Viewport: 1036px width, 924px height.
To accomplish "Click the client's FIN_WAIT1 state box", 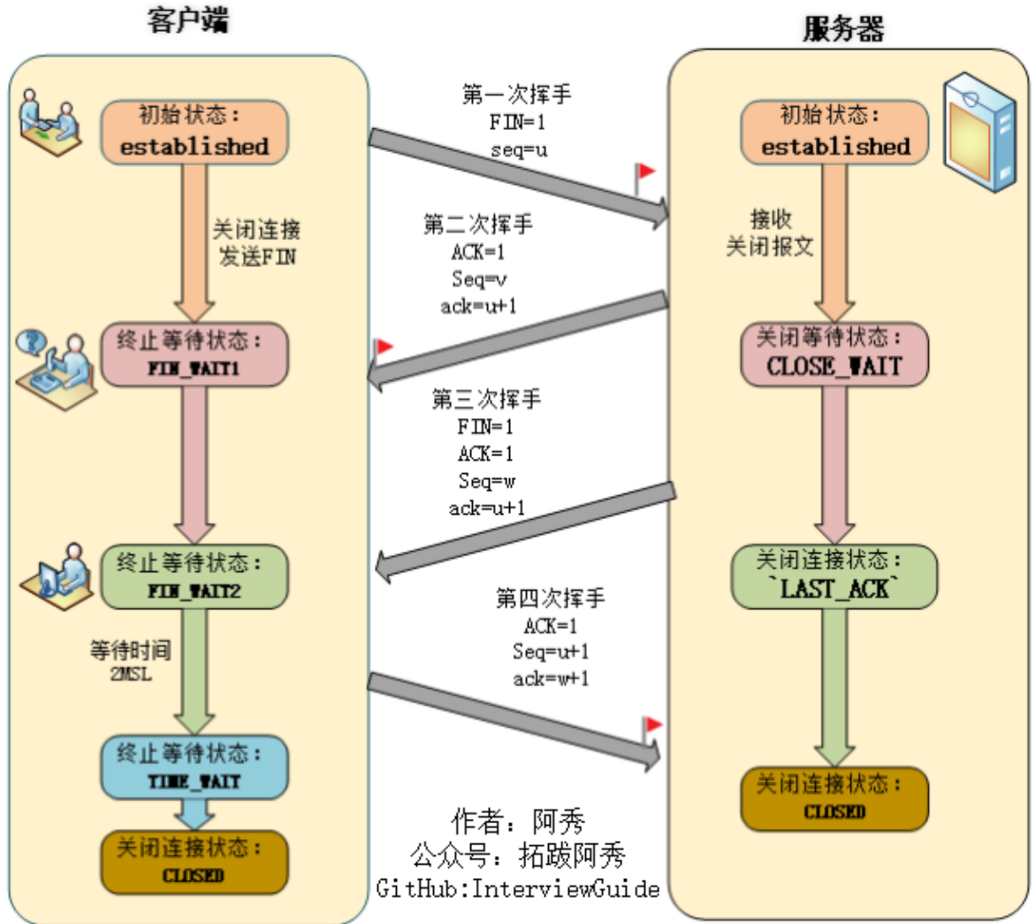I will coord(194,355).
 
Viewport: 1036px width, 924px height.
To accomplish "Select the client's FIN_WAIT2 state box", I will coord(194,577).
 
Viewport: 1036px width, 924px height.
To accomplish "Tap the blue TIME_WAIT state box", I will coord(194,767).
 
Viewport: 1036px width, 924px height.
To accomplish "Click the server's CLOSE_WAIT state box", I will coord(834,354).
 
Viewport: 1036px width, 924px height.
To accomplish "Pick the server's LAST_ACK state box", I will coord(834,576).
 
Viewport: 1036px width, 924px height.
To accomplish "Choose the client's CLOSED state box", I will coord(194,861).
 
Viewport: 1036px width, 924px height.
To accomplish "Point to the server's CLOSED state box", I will coord(834,798).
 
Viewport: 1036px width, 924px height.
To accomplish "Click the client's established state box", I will coord(194,132).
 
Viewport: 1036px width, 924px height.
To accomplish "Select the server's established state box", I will coord(834,132).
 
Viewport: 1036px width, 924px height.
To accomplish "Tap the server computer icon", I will coord(979,133).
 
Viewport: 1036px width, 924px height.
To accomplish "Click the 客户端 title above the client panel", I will coord(187,19).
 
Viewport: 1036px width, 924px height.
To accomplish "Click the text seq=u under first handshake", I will coord(519,149).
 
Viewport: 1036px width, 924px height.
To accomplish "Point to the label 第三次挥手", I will coord(485,400).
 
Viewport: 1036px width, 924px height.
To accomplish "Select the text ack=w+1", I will coord(551,678).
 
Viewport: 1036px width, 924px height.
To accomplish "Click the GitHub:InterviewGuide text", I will coord(518,888).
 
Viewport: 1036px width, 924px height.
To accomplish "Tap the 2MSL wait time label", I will coord(131,675).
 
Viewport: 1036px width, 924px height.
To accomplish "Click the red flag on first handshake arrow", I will coord(644,173).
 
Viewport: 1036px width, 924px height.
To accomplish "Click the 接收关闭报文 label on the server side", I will coord(770,233).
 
